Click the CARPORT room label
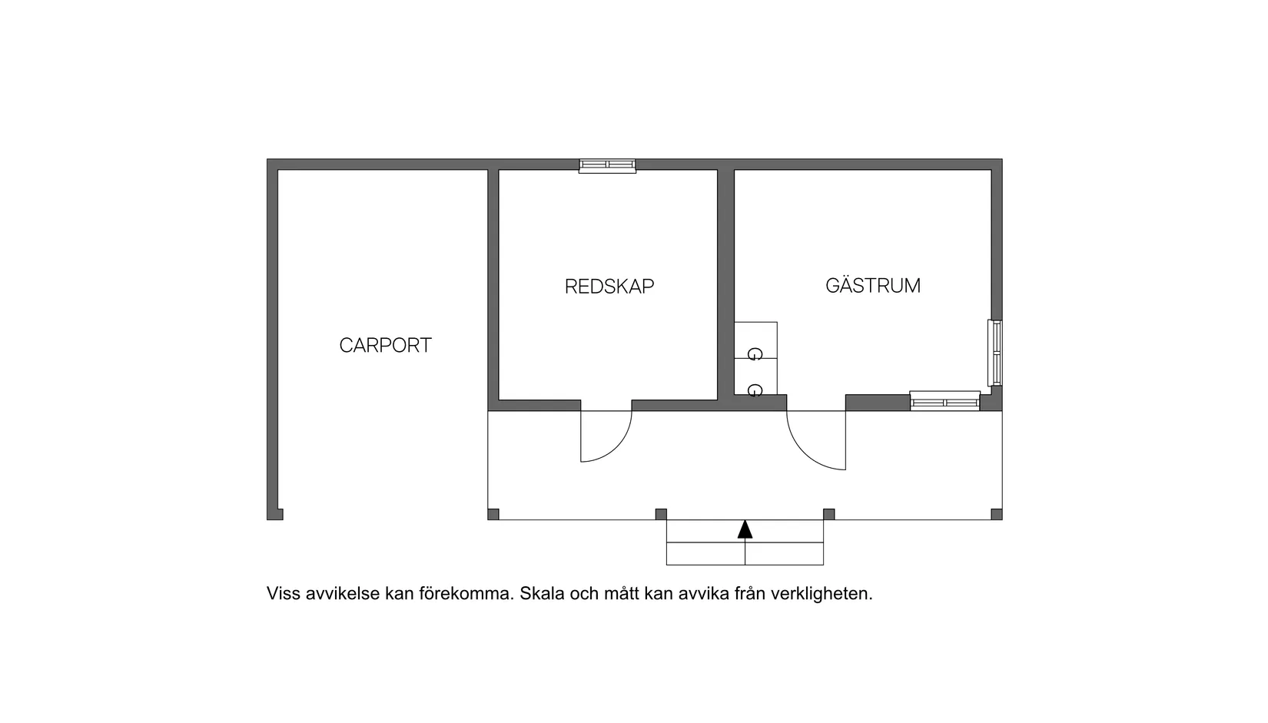tap(386, 345)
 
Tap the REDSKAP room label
tap(609, 287)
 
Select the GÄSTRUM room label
tap(873, 285)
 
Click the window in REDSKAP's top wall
tap(607, 166)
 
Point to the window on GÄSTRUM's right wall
tap(995, 353)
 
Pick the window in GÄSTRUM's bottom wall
tap(944, 401)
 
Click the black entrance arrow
tap(745, 529)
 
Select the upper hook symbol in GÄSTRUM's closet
tap(755, 354)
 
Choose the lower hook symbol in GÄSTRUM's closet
tap(755, 390)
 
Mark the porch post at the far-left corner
tap(493, 514)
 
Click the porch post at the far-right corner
tap(997, 514)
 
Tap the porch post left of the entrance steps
tap(661, 514)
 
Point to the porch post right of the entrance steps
tap(828, 514)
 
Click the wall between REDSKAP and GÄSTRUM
tap(725, 285)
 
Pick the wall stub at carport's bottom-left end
tap(275, 514)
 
